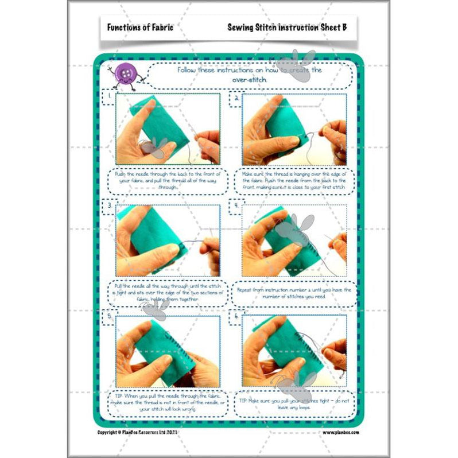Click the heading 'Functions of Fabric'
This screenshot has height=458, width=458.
[x=140, y=27]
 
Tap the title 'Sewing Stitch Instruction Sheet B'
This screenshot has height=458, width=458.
[x=286, y=27]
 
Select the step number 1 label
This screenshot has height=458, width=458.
[x=108, y=97]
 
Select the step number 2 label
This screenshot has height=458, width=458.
[x=236, y=97]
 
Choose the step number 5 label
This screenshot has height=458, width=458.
[x=108, y=315]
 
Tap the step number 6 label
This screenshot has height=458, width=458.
[x=236, y=315]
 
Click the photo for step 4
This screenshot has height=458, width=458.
[x=294, y=240]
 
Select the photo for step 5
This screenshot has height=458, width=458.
[x=168, y=351]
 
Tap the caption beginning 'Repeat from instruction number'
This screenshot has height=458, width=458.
[x=294, y=293]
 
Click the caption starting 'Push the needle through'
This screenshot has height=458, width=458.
[x=168, y=180]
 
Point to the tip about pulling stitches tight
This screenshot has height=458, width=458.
[x=294, y=404]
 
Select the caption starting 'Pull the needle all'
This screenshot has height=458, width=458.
[x=168, y=293]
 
